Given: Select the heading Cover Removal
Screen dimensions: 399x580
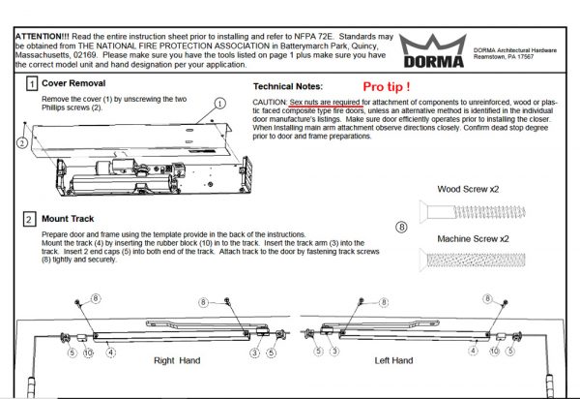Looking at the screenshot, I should [x=73, y=84].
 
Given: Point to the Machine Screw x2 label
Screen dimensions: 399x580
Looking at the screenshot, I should [x=474, y=238].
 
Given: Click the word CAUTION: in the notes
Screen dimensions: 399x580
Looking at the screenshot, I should [x=270, y=101].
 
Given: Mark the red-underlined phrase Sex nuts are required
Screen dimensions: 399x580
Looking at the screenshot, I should [x=326, y=101].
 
